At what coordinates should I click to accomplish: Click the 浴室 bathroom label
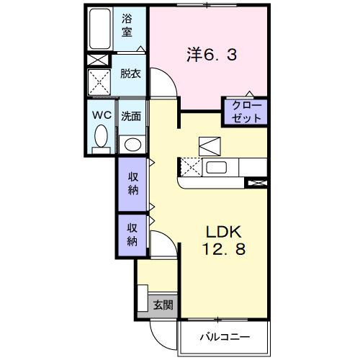[x=128, y=24]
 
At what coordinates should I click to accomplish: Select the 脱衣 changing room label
[x=130, y=73]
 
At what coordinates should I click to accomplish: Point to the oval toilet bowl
[x=100, y=135]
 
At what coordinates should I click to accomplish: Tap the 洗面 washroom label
[x=130, y=115]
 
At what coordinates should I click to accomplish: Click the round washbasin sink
[x=131, y=143]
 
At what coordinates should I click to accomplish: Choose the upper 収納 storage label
[x=134, y=184]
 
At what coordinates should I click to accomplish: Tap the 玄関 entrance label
[x=163, y=305]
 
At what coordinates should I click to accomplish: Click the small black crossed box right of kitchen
[x=256, y=183]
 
